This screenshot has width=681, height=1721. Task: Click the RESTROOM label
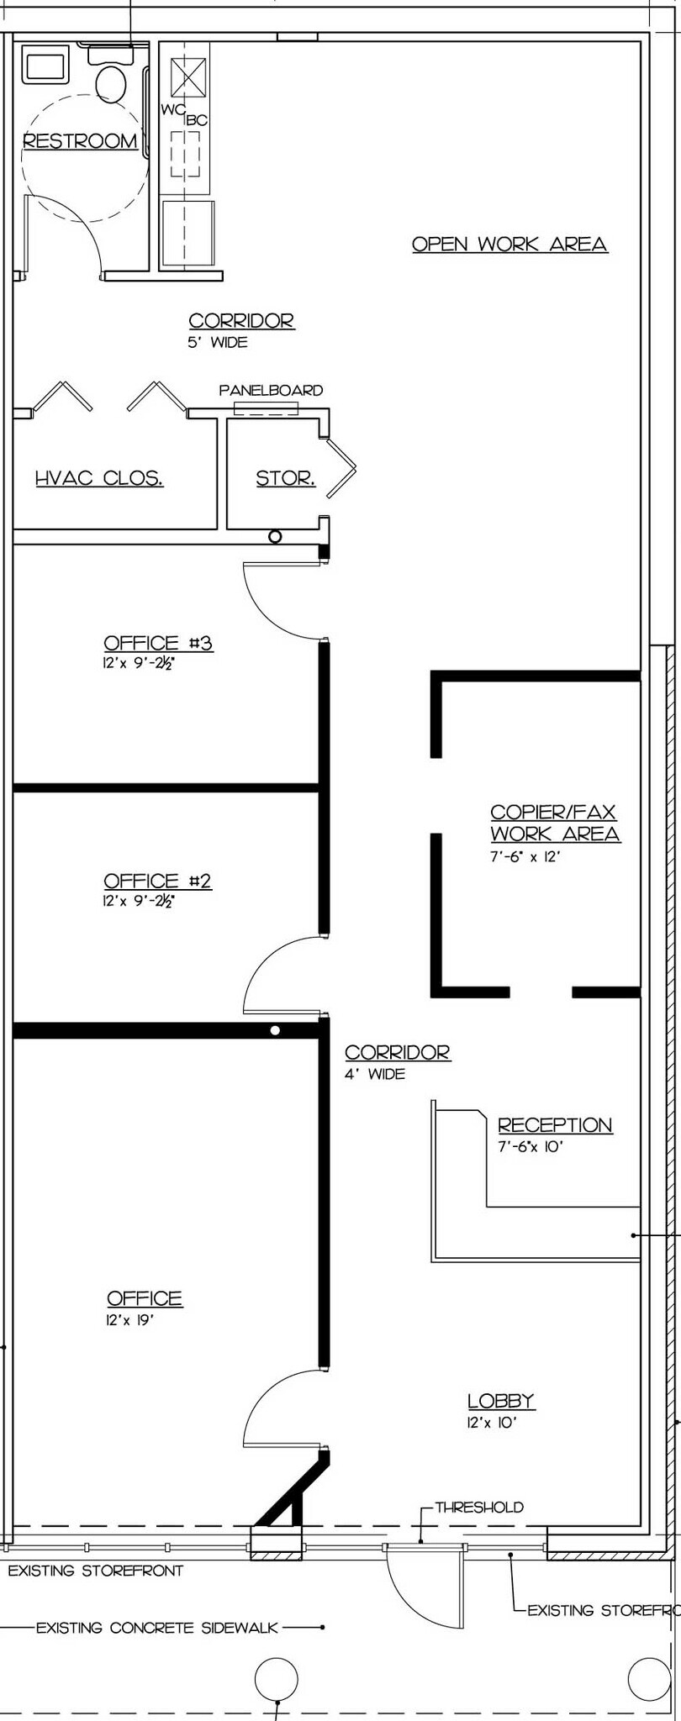(80, 141)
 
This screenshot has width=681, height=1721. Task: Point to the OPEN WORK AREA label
(509, 244)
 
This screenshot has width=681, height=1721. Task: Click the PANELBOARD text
(271, 391)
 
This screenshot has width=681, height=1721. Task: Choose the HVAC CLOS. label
(99, 479)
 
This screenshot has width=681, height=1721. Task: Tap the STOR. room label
(286, 479)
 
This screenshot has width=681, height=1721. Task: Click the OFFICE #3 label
(158, 644)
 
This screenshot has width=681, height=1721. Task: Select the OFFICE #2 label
(157, 881)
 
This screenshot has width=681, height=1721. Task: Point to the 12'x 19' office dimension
(130, 1320)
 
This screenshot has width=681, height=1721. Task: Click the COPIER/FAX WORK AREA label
(555, 823)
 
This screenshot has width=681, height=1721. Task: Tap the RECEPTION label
(555, 1124)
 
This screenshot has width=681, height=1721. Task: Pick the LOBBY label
(501, 1400)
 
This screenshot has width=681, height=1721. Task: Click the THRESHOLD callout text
(478, 1507)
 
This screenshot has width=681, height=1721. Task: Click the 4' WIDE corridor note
(375, 1074)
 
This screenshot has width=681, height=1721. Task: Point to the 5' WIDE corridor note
(218, 343)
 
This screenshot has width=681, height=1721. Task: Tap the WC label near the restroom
(172, 110)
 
